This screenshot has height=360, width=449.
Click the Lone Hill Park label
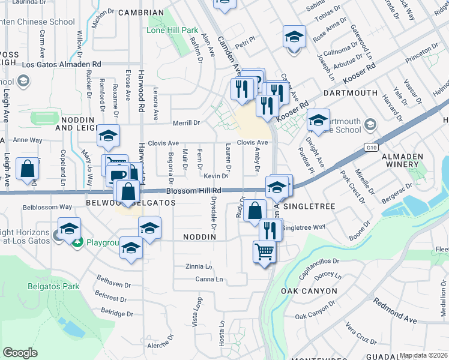coord(172,30)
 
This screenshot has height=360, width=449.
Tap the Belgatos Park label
coord(53,286)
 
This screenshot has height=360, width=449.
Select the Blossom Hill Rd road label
coord(194,190)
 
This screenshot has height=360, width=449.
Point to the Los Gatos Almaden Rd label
coord(61,64)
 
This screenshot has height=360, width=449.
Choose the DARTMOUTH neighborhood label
coord(350,93)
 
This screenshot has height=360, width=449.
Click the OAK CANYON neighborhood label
coord(309,291)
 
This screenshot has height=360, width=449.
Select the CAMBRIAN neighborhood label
coord(141,13)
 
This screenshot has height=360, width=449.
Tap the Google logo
coord(20,352)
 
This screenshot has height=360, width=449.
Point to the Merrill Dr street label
coord(186,123)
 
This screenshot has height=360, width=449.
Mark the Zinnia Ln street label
coord(200,266)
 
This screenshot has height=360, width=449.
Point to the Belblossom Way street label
coord(47,207)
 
